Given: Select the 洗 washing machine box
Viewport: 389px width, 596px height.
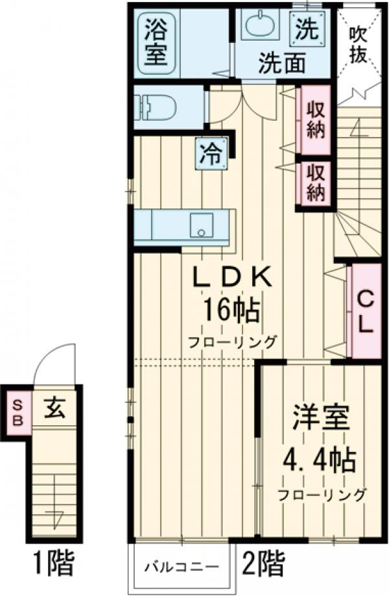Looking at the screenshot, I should coord(307,28).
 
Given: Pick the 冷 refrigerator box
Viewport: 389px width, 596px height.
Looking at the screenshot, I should coord(211,154).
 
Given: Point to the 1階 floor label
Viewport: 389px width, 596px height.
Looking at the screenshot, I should coord(53,563).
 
